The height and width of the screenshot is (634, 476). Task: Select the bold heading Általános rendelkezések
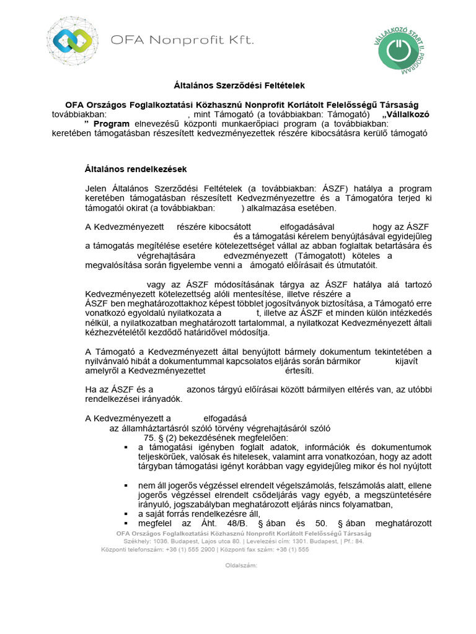tap(135, 168)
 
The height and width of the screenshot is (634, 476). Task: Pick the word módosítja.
tap(252, 332)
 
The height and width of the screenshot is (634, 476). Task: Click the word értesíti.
tap(299, 371)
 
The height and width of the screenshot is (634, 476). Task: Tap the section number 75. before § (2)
tap(152, 437)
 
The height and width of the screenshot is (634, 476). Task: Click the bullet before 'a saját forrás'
tap(126, 514)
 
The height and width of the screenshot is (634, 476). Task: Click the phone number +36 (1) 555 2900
tap(194, 549)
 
